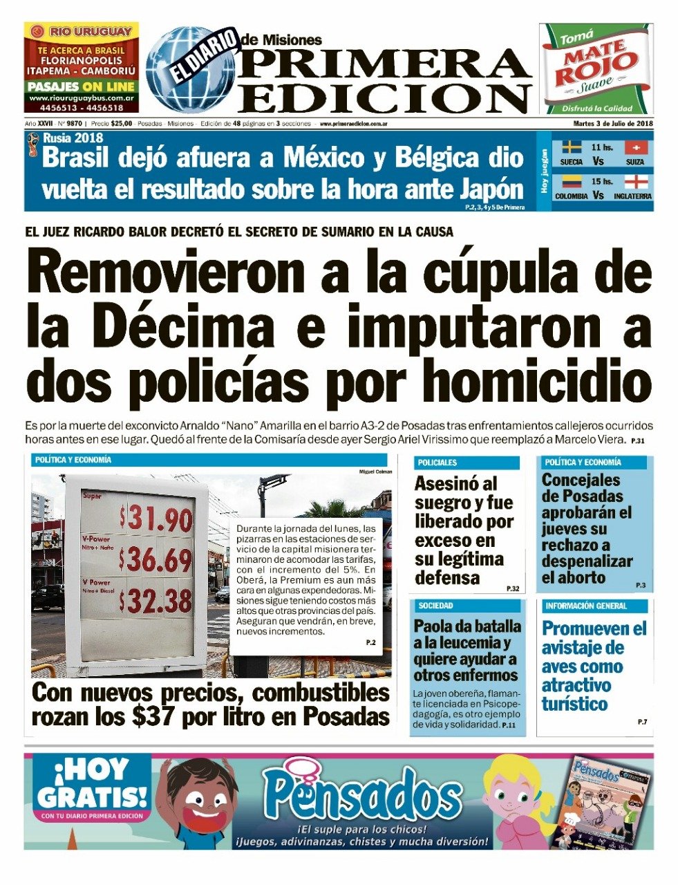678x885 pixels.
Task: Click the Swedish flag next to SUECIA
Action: (571, 147)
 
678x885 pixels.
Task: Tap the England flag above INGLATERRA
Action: (636, 182)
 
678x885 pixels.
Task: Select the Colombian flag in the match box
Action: (571, 182)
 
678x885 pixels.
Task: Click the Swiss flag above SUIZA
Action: (636, 147)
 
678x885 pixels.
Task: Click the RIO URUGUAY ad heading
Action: (82, 32)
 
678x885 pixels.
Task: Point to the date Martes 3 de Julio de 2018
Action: (613, 124)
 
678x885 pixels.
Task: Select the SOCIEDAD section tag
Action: (435, 606)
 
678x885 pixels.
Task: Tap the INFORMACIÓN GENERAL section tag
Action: (586, 606)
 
